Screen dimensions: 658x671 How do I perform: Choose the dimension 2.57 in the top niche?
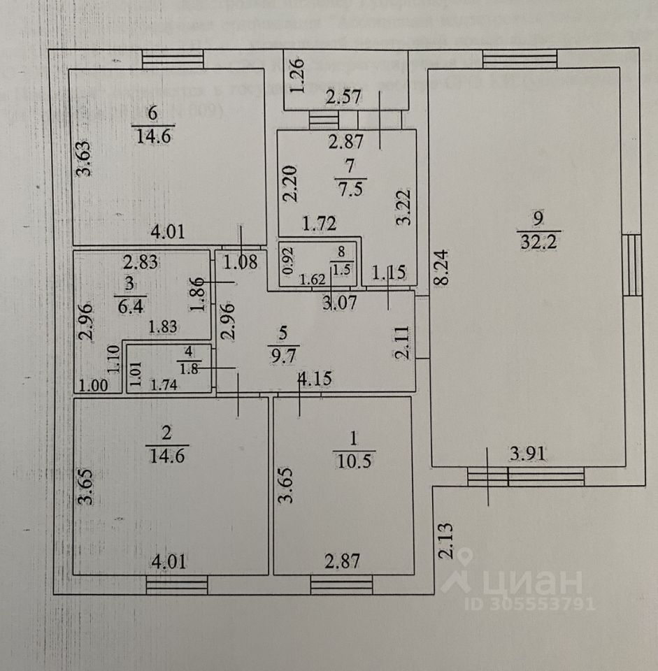pos(344,98)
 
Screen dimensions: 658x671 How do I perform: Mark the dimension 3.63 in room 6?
pos(84,160)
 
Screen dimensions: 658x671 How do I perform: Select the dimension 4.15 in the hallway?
pos(315,380)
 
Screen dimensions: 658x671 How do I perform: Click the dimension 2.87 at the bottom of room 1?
pos(343,561)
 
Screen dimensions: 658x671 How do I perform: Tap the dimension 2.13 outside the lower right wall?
pos(445,541)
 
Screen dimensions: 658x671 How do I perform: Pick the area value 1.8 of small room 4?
pos(187,367)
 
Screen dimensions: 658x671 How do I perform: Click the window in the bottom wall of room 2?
pos(177,584)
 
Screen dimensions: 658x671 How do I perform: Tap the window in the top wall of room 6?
pos(172,59)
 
